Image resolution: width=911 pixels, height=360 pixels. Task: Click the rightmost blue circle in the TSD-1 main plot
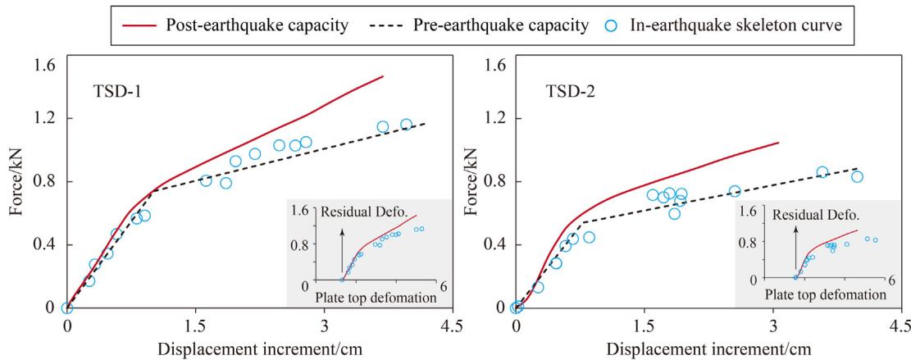406,125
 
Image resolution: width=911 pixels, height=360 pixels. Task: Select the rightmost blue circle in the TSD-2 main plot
857,176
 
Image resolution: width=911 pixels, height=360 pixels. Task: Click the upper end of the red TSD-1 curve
383,76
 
